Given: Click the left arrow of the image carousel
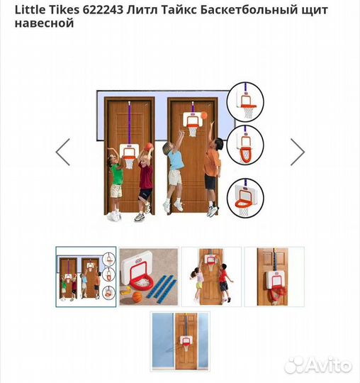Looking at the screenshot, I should (63, 152).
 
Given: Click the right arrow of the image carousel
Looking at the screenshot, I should (298, 152).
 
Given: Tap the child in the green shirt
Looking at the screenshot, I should (116, 181).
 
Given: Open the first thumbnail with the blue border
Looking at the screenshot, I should (86, 277).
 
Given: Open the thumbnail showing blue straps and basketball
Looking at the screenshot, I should (148, 277).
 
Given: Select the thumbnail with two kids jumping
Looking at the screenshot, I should (210, 277).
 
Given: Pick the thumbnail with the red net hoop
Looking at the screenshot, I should (274, 277).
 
